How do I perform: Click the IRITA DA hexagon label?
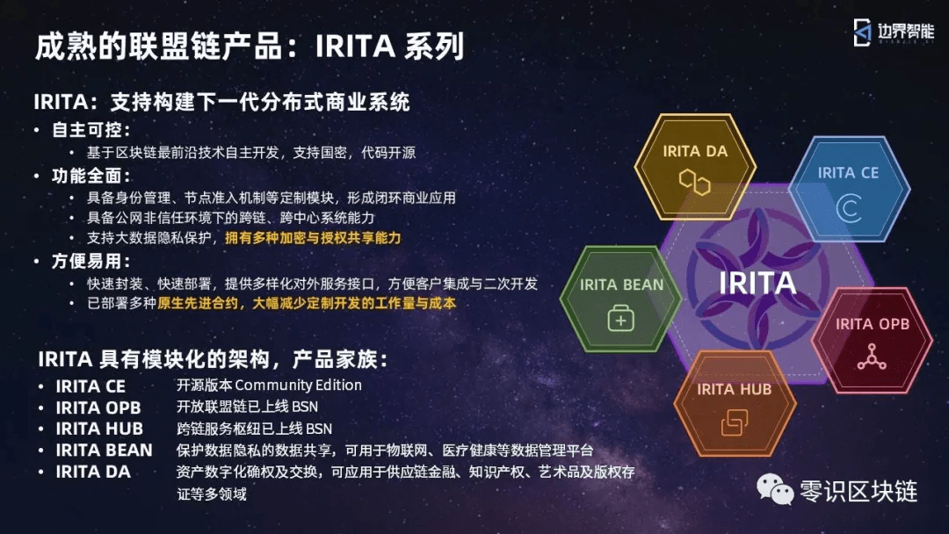(x=695, y=151)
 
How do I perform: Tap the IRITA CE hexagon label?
(x=848, y=173)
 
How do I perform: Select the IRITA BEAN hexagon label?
(x=621, y=285)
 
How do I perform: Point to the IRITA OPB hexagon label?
(x=873, y=324)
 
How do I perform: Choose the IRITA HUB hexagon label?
(x=734, y=389)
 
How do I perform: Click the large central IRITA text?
(x=757, y=283)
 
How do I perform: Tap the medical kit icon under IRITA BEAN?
(x=621, y=318)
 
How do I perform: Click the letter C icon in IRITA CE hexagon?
(x=849, y=208)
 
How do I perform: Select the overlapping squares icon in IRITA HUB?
(x=735, y=422)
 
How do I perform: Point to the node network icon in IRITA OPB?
(x=872, y=357)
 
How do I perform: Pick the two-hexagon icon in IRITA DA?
(x=694, y=182)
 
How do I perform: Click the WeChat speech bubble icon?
(x=775, y=488)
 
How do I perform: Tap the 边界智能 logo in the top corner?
(x=894, y=32)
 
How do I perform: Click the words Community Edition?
(x=299, y=386)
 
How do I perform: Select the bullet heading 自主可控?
(x=91, y=129)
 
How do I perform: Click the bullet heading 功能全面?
(x=91, y=176)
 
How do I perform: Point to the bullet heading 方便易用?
(x=91, y=261)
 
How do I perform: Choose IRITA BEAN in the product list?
(x=104, y=451)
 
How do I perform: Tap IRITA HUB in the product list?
(x=99, y=429)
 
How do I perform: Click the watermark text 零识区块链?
(x=858, y=491)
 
